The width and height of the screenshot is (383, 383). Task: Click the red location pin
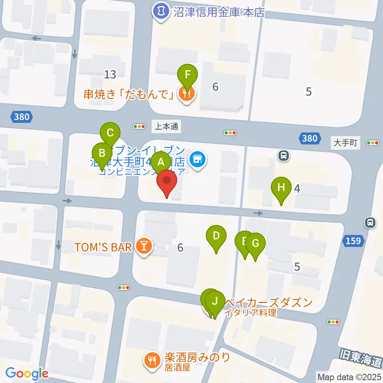167,184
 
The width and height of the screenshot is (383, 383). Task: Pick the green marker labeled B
102,153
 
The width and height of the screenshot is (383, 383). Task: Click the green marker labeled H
281,187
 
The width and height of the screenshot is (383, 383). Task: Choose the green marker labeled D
216,236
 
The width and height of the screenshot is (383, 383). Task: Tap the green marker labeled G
255,243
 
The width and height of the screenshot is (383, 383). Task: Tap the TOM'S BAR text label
103,247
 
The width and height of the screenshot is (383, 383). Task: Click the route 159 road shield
353,241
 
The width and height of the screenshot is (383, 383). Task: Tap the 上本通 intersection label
167,127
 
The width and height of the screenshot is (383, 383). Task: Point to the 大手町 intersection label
345,142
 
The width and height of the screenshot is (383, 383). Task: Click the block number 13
110,74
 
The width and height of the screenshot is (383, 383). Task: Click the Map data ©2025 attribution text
348,376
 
